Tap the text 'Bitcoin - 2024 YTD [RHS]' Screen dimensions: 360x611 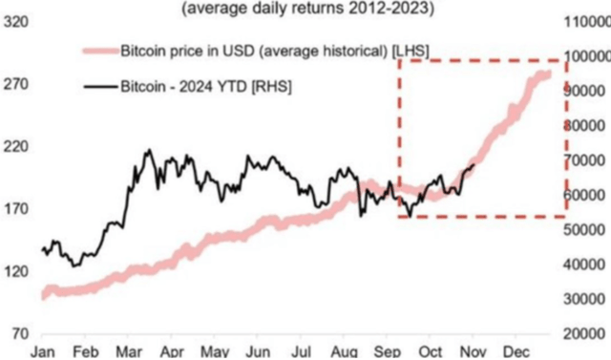206,87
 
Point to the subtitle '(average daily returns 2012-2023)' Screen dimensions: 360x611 303,8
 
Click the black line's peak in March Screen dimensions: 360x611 148,151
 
